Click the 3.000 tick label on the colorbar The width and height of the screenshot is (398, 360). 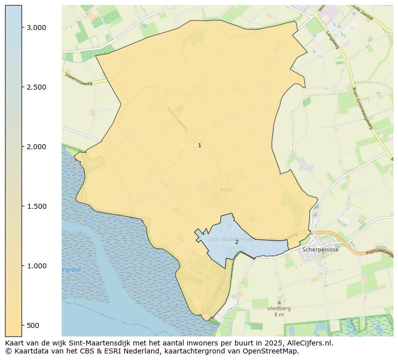(37, 28)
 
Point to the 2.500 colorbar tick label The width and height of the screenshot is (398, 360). (37, 87)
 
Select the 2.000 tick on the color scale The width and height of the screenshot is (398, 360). (37, 147)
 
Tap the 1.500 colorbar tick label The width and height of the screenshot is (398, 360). (37, 206)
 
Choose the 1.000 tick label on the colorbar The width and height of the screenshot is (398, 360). (37, 266)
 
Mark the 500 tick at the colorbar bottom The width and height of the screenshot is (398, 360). (33, 325)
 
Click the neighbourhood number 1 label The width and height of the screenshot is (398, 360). (200, 146)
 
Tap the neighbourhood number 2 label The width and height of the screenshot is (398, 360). (237, 242)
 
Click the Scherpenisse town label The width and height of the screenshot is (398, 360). (321, 249)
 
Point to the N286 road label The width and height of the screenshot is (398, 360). (227, 190)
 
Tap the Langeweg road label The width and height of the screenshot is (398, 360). (332, 39)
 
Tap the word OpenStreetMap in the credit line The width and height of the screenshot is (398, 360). (273, 351)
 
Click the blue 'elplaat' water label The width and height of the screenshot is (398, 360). (71, 270)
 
